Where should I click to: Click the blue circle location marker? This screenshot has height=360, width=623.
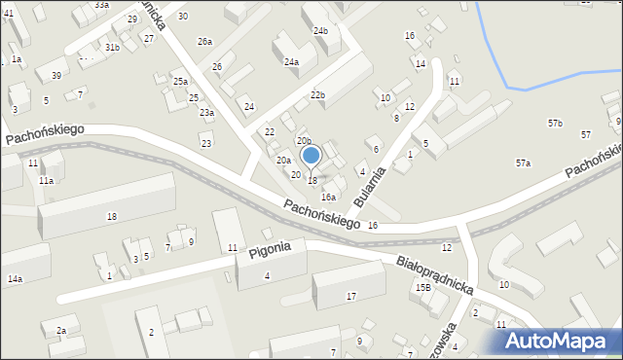pyautogui.click(x=311, y=155)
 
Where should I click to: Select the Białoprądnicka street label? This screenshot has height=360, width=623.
pyautogui.click(x=433, y=274)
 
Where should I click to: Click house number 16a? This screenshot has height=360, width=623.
pyautogui.click(x=328, y=197)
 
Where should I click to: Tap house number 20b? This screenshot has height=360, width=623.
pyautogui.click(x=304, y=142)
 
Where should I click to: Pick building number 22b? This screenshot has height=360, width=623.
pyautogui.click(x=317, y=94)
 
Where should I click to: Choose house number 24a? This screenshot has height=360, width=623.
pyautogui.click(x=291, y=62)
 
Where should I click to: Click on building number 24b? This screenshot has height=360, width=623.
pyautogui.click(x=320, y=31)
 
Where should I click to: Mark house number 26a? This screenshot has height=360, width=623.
pyautogui.click(x=204, y=42)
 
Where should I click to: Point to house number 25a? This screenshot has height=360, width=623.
pyautogui.click(x=180, y=82)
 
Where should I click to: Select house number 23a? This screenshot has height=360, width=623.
pyautogui.click(x=206, y=113)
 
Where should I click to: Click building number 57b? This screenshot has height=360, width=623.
pyautogui.click(x=555, y=124)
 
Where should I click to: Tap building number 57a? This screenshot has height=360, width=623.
pyautogui.click(x=523, y=163)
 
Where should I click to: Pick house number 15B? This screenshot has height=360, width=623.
pyautogui.click(x=422, y=288)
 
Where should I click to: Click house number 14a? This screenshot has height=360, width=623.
pyautogui.click(x=15, y=279)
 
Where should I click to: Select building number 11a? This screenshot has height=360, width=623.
pyautogui.click(x=46, y=181)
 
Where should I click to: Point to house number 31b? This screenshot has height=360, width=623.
pyautogui.click(x=113, y=48)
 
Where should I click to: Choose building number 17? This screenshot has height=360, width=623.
pyautogui.click(x=351, y=296)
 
